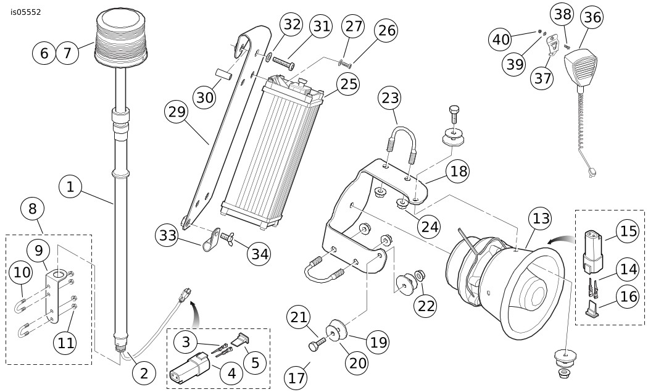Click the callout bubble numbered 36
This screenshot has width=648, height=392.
[592, 17]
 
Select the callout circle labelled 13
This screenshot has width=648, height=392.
[541, 219]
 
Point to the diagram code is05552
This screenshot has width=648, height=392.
[26, 12]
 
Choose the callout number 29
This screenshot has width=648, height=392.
[176, 112]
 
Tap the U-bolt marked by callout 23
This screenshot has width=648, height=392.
[400, 144]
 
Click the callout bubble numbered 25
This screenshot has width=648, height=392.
[348, 84]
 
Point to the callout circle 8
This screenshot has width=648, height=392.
[33, 209]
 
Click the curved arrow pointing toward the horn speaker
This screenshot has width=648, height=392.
[560, 240]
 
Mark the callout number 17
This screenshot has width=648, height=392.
[296, 378]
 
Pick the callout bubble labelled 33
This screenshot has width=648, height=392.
[167, 235]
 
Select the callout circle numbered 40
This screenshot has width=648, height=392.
[501, 40]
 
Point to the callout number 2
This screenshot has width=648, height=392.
[144, 373]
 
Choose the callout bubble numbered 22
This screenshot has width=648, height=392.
[426, 306]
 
